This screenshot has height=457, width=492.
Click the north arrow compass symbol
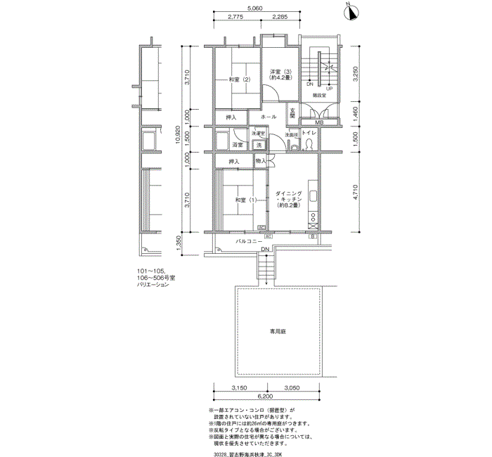[351, 11]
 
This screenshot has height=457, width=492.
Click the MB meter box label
[319, 124]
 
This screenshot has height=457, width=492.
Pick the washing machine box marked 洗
[259, 145]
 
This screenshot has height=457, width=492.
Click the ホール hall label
[268, 117]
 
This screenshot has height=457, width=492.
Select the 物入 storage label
[261, 162]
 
